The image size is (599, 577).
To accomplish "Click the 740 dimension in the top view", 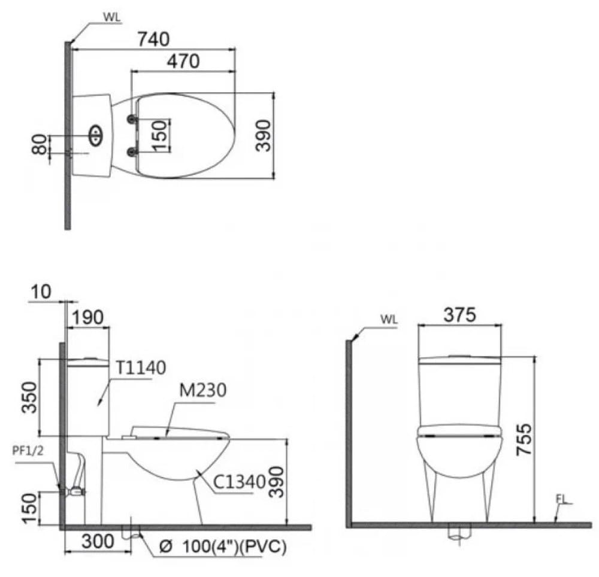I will click(153, 39).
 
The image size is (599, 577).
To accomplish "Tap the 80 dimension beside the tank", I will click(40, 145).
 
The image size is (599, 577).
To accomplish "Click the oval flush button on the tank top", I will click(96, 135).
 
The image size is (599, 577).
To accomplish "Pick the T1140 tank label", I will click(141, 368).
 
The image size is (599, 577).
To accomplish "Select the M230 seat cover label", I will click(201, 391).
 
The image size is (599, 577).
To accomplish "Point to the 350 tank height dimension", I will click(29, 397).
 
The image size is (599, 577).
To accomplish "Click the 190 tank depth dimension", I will click(87, 317).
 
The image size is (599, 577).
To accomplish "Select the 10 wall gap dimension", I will click(41, 291).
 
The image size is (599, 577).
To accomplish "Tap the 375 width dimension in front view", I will click(459, 314).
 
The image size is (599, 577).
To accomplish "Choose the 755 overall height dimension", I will click(523, 440).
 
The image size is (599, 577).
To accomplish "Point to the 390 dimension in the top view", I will click(263, 135).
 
